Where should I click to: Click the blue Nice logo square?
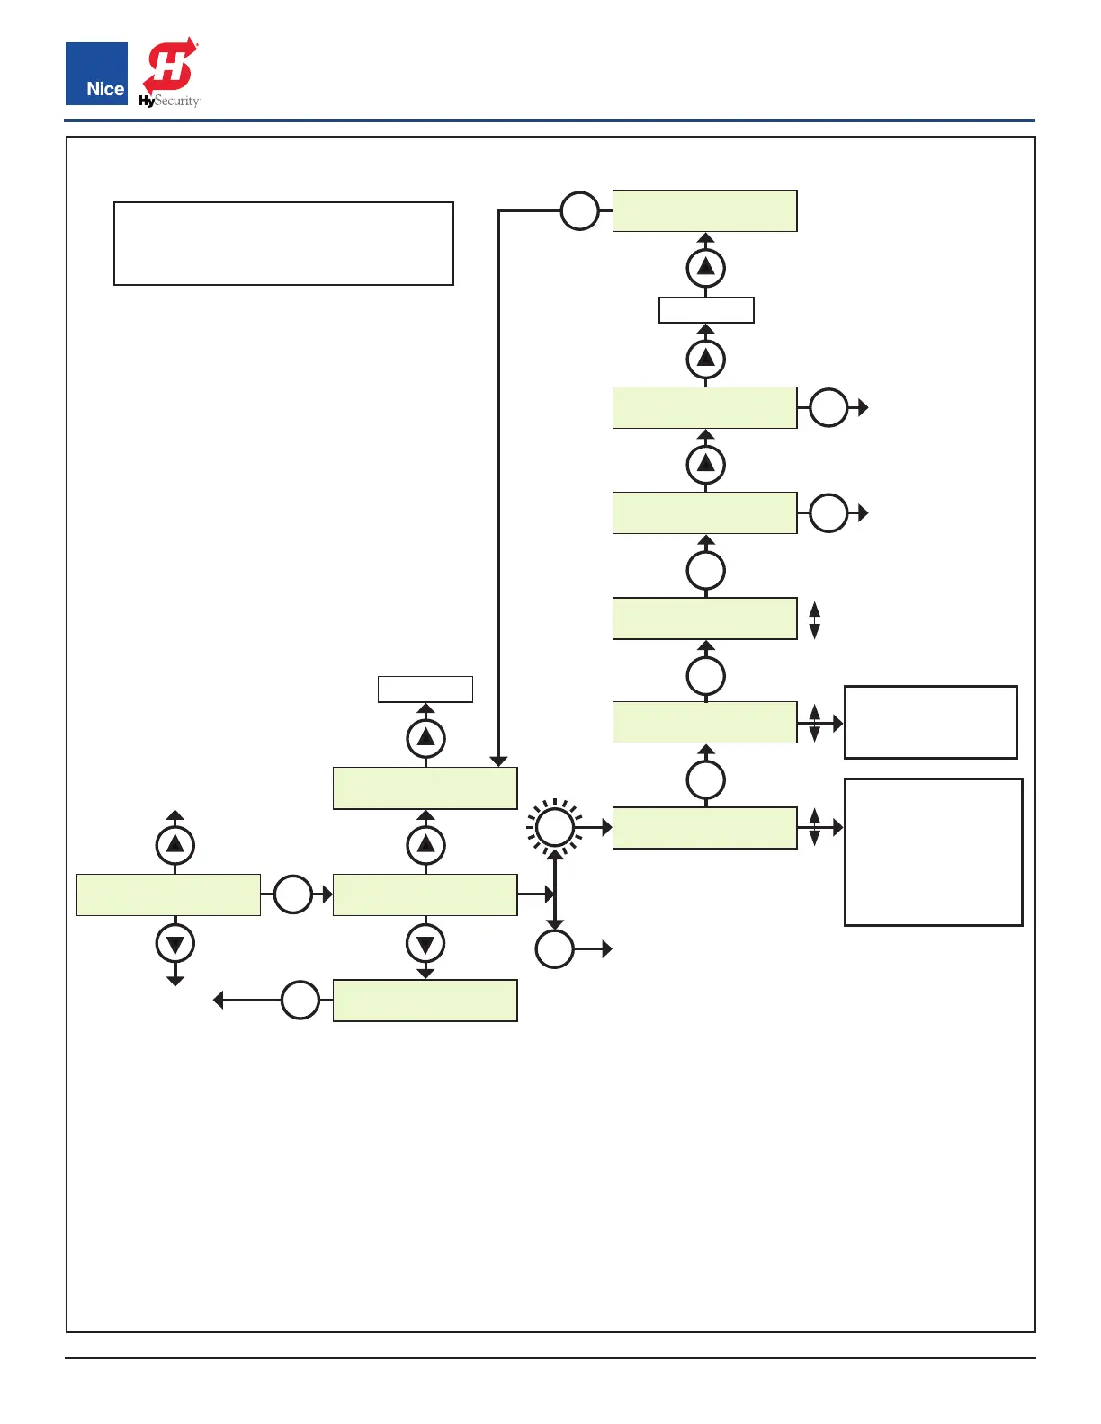[96, 73]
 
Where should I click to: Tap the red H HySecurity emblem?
[170, 65]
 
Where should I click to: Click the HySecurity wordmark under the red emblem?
[170, 102]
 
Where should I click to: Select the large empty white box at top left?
[283, 244]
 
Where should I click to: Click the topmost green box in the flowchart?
[704, 211]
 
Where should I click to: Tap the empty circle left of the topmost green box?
[580, 211]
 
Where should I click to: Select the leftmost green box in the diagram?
[168, 894]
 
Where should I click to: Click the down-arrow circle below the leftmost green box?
[175, 944]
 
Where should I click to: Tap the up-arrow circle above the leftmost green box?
[175, 845]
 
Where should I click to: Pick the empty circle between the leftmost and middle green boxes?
[292, 894]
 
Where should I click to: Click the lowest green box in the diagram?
[425, 1001]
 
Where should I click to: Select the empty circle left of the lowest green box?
[300, 1001]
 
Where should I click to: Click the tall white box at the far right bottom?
[933, 851]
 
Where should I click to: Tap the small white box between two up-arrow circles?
[706, 310]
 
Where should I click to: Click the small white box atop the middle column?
[425, 689]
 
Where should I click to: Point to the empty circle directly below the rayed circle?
[555, 949]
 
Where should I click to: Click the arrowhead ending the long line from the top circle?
[498, 761]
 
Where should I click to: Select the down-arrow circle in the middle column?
[426, 944]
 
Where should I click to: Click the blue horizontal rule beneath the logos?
[549, 120]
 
